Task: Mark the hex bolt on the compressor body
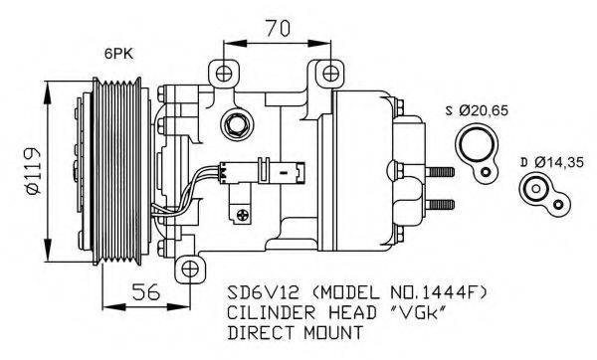238,126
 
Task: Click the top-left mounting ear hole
221,72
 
